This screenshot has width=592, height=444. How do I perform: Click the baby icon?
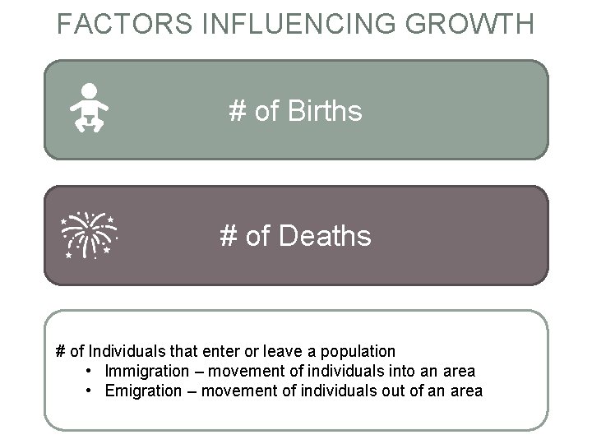pos(89,109)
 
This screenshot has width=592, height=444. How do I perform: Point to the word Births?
pos(325,111)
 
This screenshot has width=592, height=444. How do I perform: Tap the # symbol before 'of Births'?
pos(238,111)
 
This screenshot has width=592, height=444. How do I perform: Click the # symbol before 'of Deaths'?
pos(229,237)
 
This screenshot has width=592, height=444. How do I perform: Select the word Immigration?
pos(146,372)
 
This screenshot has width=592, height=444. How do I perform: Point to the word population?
pos(358,352)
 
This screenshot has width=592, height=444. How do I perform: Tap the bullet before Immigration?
pos(89,372)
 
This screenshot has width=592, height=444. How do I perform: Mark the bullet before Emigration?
pos(89,391)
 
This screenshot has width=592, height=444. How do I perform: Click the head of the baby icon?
pos(89,91)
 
